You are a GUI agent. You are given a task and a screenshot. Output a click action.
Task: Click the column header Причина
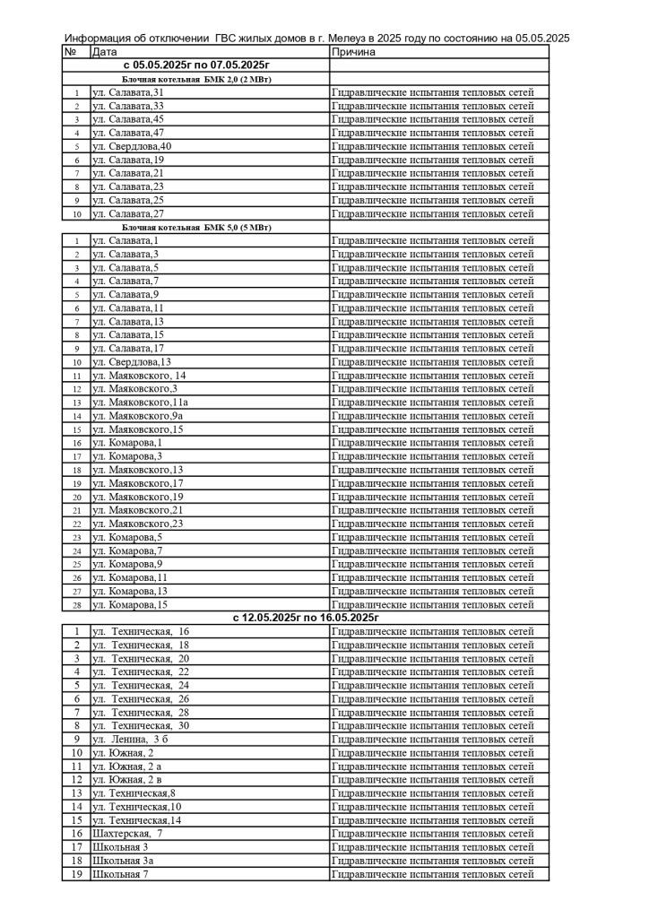[352, 52]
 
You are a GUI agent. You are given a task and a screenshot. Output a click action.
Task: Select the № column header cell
[71, 52]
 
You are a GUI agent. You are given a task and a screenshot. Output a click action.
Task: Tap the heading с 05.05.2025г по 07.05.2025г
[195, 65]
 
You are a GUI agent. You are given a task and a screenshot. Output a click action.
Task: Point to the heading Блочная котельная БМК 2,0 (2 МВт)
[195, 79]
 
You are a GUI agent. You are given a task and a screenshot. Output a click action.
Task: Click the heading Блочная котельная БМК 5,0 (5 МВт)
[195, 227]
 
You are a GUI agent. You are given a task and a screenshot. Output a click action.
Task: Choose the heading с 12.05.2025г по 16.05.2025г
[305, 618]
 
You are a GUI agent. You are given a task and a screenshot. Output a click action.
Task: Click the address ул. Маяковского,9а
[138, 416]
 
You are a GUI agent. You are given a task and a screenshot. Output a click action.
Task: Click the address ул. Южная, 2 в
[126, 780]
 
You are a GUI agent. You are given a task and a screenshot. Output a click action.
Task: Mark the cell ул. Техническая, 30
[141, 726]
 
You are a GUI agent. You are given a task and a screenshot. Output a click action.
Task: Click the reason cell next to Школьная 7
[433, 874]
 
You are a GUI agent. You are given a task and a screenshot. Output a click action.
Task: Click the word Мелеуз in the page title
[349, 38]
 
